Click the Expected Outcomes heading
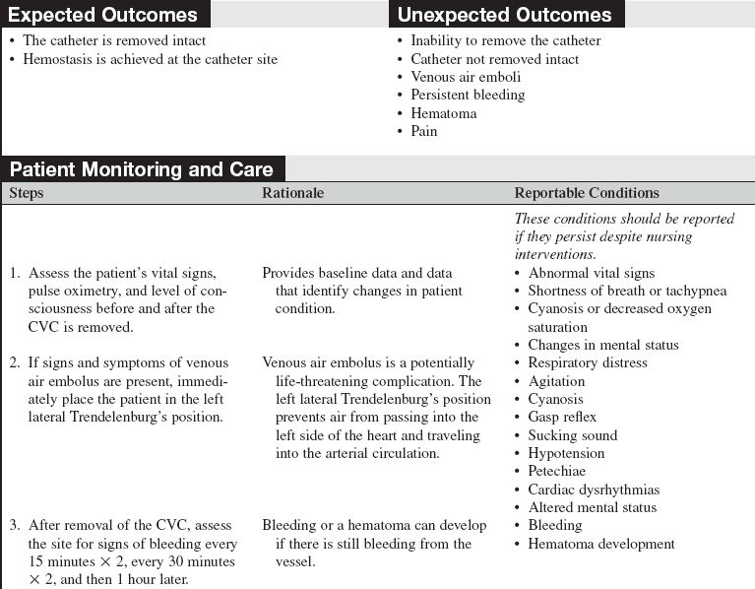click(x=103, y=15)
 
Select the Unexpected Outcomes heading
click(x=504, y=15)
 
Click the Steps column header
click(x=27, y=193)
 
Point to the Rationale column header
click(x=292, y=193)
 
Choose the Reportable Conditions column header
click(x=587, y=193)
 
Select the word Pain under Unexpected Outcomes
click(x=424, y=131)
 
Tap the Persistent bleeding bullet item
click(x=468, y=95)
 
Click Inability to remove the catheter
click(x=505, y=40)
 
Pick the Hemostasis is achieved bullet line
click(x=150, y=59)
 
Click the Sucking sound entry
click(x=572, y=435)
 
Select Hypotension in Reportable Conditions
click(x=566, y=453)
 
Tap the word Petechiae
click(x=556, y=472)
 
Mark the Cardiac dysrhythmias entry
click(x=594, y=490)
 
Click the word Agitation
click(x=555, y=381)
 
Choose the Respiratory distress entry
click(x=588, y=362)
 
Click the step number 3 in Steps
click(x=15, y=526)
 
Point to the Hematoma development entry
click(x=601, y=544)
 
